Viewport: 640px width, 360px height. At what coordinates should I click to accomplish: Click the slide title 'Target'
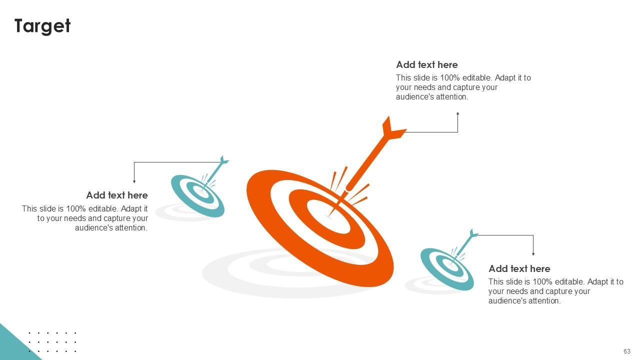pos(42,26)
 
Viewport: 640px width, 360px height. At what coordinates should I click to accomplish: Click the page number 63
pos(626,351)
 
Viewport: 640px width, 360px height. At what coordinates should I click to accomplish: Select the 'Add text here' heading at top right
pos(426,65)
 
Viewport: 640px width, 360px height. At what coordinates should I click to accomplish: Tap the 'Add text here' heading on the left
pos(116,195)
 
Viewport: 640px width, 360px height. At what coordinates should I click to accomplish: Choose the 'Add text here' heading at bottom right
pos(519,269)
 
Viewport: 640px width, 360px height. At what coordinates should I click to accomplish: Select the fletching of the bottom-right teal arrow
pos(473,234)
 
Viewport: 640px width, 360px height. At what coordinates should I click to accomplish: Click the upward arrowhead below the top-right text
pos(457,114)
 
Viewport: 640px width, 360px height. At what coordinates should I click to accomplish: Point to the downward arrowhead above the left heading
pos(134,181)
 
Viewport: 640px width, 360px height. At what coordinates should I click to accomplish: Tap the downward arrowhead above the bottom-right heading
pos(533,253)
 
